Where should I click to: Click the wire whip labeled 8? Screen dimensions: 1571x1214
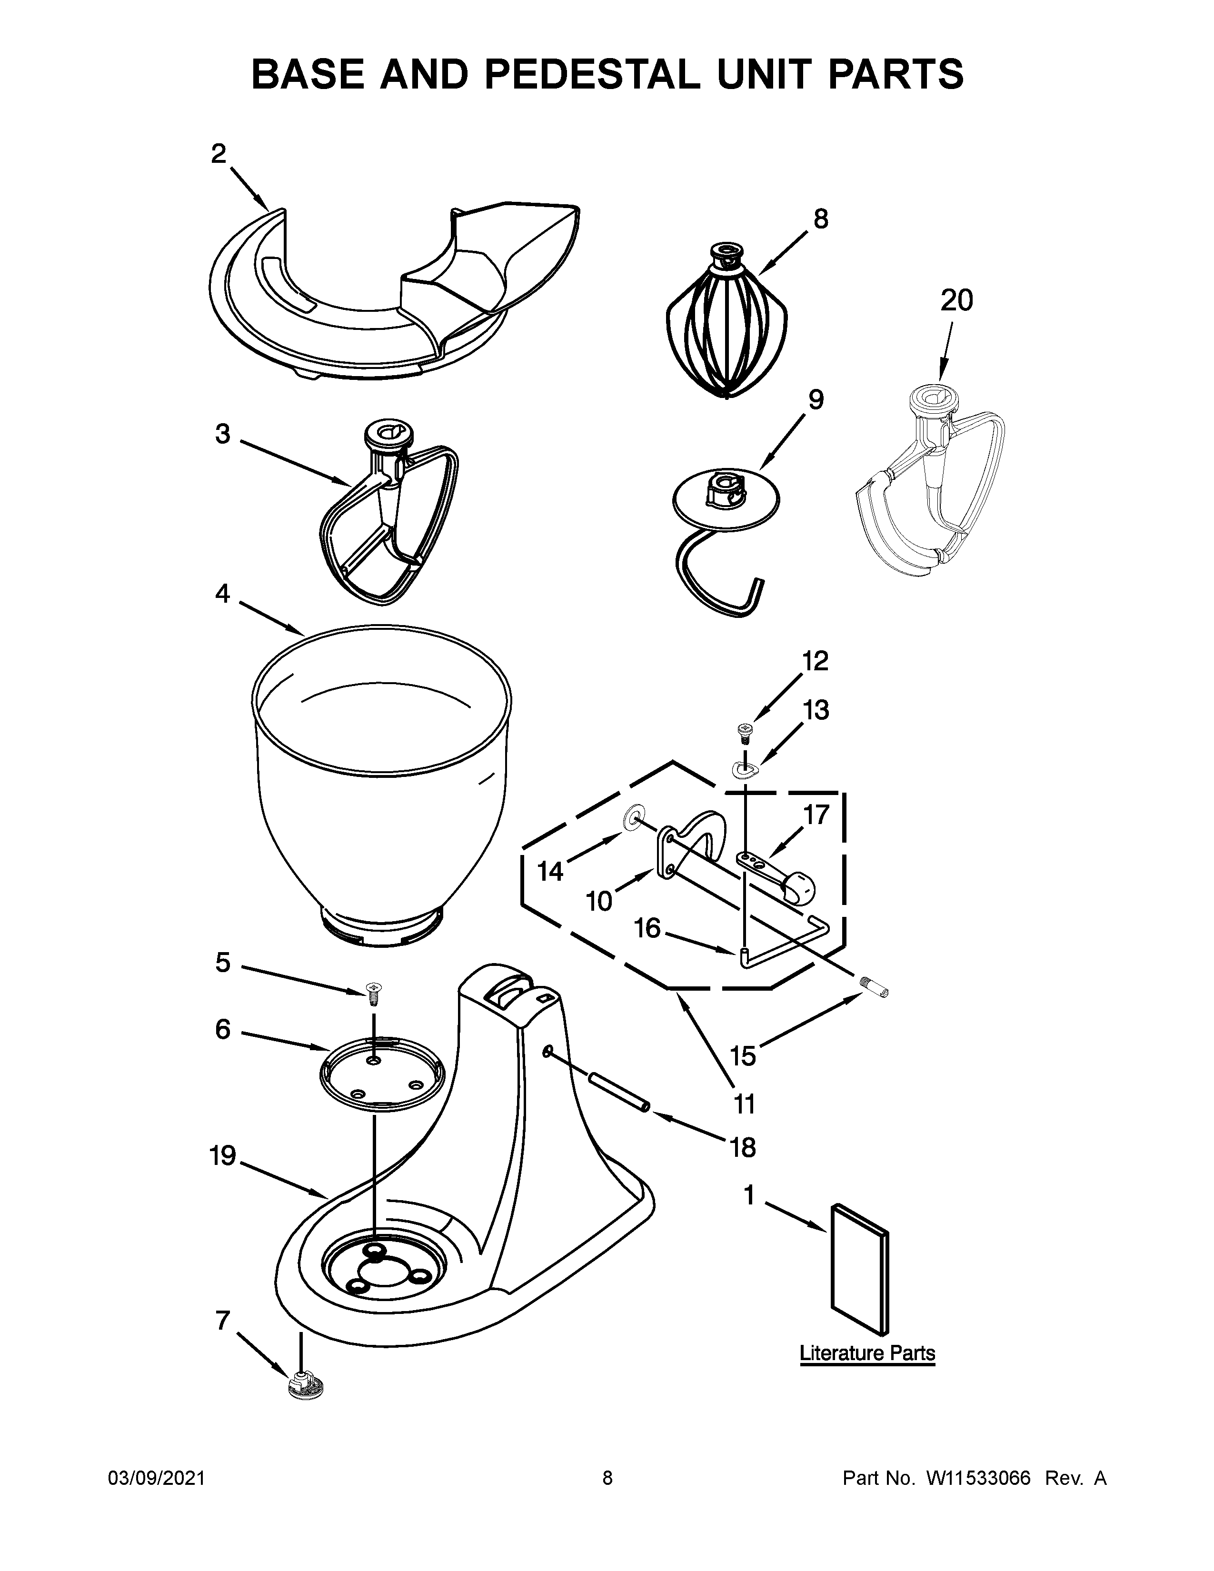(726, 328)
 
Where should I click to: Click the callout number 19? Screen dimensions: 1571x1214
(223, 1156)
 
